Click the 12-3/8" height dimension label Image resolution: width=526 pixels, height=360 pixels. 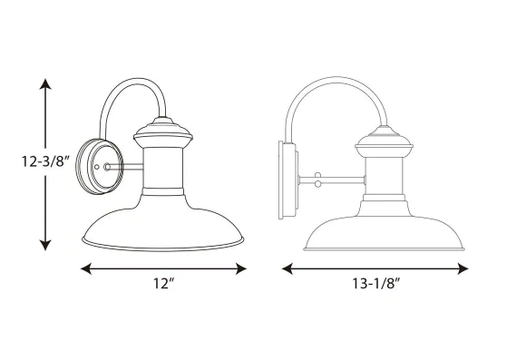pyautogui.click(x=45, y=161)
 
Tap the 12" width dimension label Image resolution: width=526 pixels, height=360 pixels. pyautogui.click(x=164, y=284)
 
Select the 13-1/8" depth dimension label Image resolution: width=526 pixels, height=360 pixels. pyautogui.click(x=376, y=284)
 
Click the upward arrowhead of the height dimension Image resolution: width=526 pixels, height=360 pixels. pyautogui.click(x=45, y=83)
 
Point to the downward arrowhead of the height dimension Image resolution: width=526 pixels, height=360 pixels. pyautogui.click(x=45, y=245)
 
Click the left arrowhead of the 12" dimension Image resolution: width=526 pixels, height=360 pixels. pyautogui.click(x=86, y=268)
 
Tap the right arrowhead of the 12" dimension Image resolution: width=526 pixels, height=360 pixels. pyautogui.click(x=241, y=268)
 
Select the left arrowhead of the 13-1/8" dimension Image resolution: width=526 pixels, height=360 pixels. pyautogui.click(x=287, y=268)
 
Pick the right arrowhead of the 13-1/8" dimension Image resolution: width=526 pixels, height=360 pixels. pyautogui.click(x=463, y=268)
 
